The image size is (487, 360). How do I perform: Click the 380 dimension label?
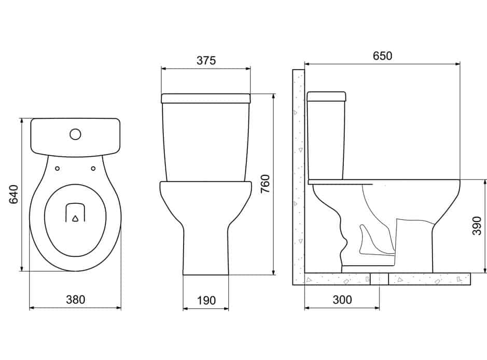76,299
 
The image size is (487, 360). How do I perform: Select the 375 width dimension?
206,60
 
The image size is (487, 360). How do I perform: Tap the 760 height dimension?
266,184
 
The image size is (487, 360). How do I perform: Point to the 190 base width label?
206,300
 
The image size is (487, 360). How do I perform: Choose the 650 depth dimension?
382,56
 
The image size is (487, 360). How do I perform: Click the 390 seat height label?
477,226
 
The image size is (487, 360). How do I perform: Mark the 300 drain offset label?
342,300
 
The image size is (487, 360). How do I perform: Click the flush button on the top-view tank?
76,134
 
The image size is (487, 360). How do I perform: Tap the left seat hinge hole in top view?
58,169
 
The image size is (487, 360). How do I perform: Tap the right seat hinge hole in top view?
93,169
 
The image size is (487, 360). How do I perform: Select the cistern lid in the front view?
206,98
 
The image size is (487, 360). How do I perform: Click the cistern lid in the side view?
326,96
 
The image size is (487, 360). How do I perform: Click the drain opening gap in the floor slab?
379,279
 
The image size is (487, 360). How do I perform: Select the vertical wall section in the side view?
298,177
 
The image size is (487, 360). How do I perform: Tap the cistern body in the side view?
326,141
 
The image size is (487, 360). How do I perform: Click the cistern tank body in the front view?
206,142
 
